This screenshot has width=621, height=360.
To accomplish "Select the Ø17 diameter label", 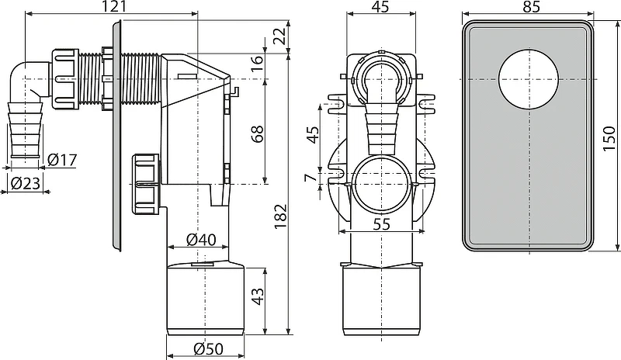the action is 62,160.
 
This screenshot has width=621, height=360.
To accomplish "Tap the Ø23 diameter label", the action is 26,183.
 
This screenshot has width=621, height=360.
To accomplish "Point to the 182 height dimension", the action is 280,216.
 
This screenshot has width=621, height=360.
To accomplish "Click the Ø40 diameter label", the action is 201,239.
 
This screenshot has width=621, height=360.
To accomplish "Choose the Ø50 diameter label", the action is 208,348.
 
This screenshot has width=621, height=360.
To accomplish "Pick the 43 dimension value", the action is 258,296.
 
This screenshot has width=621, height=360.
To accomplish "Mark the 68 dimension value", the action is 258,134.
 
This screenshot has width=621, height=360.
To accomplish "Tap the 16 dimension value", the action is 258,64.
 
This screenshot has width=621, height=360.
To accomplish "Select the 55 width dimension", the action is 382,224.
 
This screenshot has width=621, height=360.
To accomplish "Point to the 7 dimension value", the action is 311,178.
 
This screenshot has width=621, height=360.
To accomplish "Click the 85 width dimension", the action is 532,7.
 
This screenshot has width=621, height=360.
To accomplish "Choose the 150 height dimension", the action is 609,138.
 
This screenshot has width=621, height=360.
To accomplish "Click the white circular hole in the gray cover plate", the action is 529,80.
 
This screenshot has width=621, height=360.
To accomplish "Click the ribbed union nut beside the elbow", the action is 64,79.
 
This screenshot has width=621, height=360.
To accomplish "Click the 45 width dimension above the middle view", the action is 381,7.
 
